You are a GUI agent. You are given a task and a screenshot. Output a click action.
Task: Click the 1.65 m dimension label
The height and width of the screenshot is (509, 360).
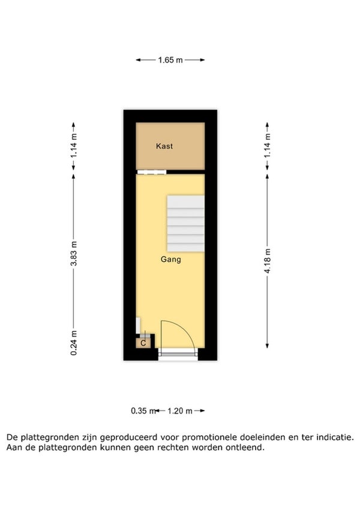point(170,60)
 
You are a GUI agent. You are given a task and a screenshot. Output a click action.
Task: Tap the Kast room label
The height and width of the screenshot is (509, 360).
point(164,146)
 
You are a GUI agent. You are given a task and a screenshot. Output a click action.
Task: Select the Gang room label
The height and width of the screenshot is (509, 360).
point(171,259)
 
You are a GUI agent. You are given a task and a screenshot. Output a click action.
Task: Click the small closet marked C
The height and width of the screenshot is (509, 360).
point(143,343)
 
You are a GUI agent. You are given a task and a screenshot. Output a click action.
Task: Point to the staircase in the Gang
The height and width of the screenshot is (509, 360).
point(185,223)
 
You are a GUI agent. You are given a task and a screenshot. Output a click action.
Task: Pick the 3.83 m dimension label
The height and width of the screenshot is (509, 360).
point(74,253)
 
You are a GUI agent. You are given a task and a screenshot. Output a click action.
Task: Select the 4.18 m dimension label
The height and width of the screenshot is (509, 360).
point(268,261)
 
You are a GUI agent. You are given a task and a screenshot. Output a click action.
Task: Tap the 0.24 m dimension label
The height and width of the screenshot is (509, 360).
point(74,343)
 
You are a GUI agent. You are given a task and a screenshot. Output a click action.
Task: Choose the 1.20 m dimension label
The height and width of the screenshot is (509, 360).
point(180,411)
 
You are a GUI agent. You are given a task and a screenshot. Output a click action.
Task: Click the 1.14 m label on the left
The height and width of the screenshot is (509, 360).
point(74,146)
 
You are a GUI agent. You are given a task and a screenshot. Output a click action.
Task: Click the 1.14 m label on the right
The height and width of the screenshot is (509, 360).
point(268,146)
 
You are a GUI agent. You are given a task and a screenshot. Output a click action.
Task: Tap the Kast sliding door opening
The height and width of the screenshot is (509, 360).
point(152,172)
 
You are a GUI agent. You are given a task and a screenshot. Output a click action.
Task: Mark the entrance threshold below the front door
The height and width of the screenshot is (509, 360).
point(178,354)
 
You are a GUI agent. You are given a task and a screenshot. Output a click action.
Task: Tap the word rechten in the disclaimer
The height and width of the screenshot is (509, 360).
point(173,448)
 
